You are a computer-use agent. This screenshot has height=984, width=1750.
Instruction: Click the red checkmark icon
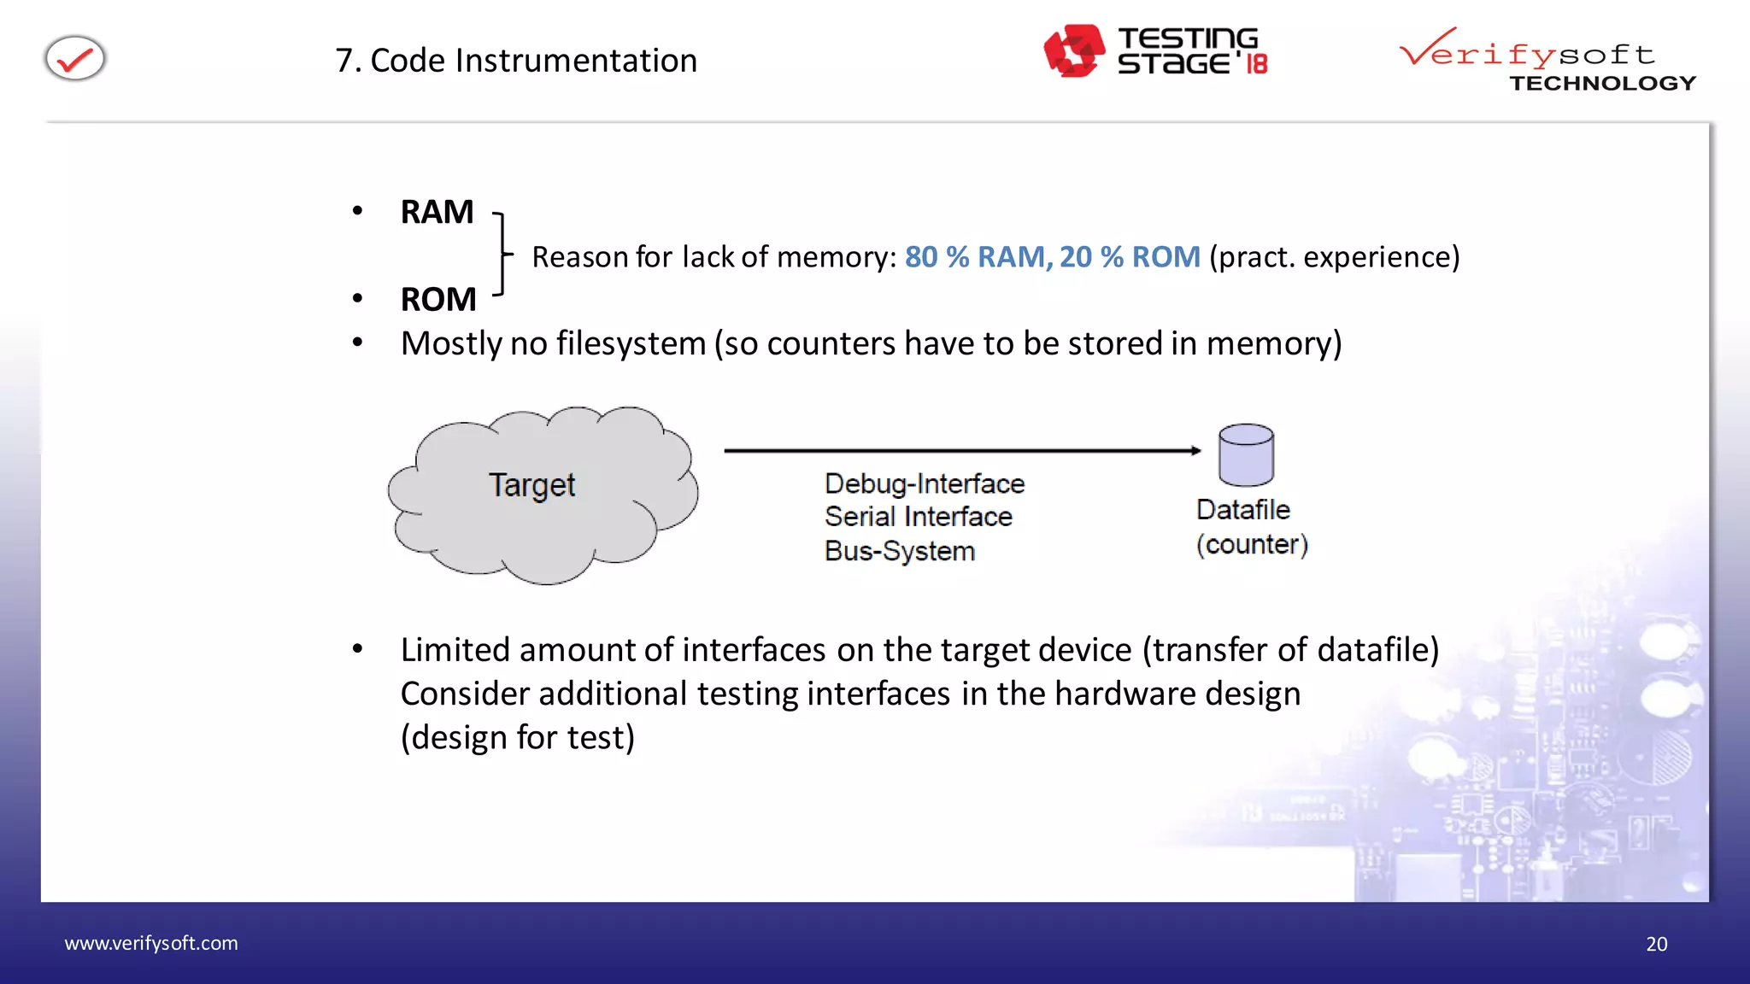point(75,59)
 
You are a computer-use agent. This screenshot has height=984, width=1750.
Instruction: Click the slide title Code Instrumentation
point(516,61)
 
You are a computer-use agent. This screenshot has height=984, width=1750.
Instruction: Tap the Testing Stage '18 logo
point(1155,51)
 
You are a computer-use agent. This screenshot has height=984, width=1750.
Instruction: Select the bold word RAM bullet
point(437,212)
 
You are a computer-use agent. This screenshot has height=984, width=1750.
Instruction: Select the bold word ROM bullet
point(438,300)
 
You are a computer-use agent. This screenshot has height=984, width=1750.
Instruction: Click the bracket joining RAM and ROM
point(503,255)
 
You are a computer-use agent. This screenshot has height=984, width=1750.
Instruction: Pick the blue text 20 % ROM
point(1130,257)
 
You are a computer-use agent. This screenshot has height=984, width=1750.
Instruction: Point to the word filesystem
point(631,343)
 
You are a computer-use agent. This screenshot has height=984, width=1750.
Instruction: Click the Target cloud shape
point(542,495)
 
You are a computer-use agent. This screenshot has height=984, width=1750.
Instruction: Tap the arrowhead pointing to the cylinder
point(1195,450)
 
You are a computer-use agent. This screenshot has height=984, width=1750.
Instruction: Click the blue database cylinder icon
point(1246,454)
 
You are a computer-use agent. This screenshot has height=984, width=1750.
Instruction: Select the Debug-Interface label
point(924,484)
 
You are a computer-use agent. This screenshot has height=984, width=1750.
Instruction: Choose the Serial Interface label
point(918,517)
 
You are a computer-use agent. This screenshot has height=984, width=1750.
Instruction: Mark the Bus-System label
point(899,551)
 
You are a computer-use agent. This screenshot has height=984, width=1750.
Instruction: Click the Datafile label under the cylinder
point(1242,510)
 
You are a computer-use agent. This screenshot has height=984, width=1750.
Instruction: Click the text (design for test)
point(517,738)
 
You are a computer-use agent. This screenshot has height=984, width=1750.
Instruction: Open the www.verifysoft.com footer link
point(151,943)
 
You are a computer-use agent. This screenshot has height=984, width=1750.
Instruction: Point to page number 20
point(1656,944)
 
